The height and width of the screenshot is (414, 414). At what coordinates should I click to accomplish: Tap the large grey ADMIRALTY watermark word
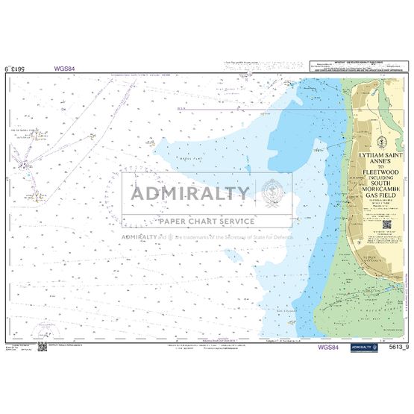[190, 193]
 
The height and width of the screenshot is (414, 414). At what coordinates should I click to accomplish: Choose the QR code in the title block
[388, 223]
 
